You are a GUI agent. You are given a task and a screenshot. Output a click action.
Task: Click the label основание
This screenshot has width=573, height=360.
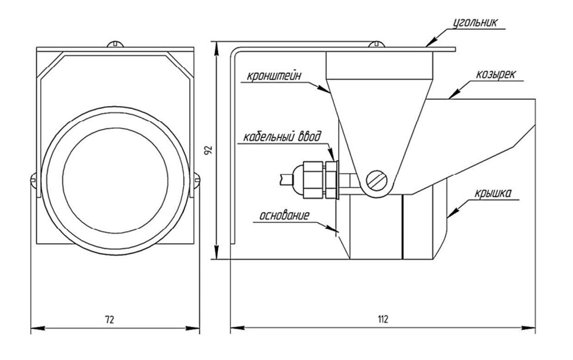coord(285,216)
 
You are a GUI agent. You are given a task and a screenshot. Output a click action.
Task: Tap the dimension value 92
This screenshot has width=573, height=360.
coord(209,150)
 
